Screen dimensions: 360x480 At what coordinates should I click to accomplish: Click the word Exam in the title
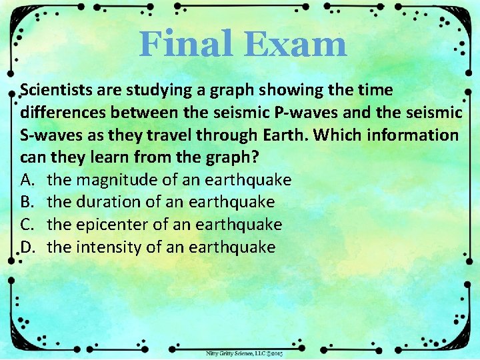[295, 45]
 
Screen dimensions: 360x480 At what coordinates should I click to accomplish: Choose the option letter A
[27, 180]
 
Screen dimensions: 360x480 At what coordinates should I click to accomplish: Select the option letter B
[27, 202]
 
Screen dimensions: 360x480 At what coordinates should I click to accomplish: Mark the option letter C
[27, 225]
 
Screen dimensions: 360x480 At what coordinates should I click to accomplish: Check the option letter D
[27, 247]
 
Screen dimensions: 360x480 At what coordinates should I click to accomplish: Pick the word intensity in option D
[107, 247]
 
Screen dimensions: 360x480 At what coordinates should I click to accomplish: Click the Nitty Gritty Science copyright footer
[243, 353]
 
